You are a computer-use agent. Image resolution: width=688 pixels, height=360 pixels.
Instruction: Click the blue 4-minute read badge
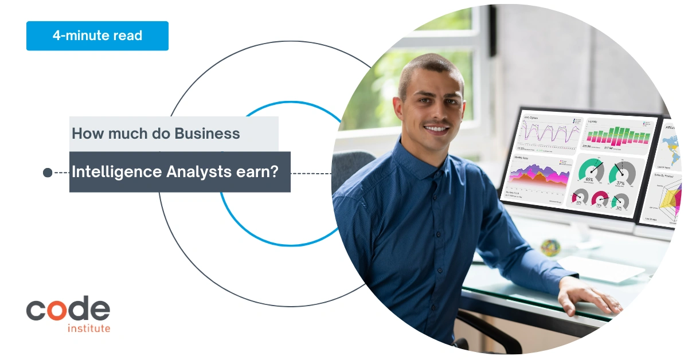pos(97,36)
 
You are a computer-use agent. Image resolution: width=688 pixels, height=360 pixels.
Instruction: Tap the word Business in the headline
pos(208,134)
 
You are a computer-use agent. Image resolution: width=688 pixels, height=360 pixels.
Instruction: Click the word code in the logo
pos(68,309)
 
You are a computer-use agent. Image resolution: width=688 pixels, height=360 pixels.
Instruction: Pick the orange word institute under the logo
pos(89,328)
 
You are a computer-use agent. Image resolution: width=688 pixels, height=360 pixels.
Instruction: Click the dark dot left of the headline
pos(48,173)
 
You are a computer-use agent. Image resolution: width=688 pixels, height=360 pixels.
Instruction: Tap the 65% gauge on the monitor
pos(591,170)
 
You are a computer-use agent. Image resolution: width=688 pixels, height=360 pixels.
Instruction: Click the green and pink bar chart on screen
pos(617,135)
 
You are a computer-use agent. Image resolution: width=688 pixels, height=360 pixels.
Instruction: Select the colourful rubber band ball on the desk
pos(550,247)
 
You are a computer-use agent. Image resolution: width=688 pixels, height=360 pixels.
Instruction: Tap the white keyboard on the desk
pos(593,268)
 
